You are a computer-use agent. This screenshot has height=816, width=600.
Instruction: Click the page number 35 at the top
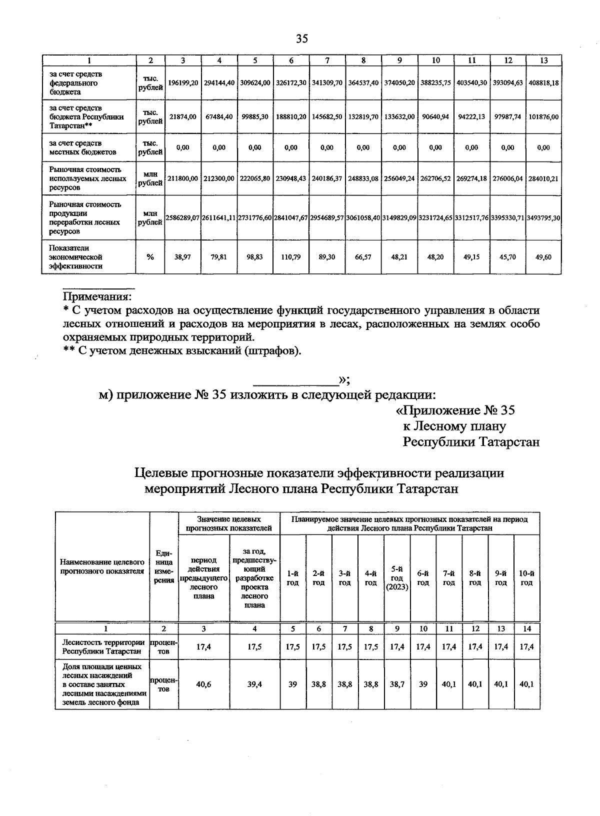point(302,39)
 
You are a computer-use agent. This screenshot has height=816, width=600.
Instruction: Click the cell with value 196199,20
point(183,83)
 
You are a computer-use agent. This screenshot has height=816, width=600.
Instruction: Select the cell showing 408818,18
point(544,83)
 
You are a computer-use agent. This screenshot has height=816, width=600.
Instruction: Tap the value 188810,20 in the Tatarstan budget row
point(291,116)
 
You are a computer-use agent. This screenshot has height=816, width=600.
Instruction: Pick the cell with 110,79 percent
point(291,257)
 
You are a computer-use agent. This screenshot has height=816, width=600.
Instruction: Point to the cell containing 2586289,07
point(183,218)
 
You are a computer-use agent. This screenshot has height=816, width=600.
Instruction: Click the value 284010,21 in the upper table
point(544,178)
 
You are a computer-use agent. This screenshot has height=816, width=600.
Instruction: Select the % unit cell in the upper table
point(150,257)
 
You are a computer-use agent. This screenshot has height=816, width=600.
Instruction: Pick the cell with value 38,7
point(397,684)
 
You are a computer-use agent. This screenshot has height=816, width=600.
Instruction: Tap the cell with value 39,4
point(254,684)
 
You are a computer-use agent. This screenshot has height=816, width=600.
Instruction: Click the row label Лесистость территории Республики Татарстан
point(102,647)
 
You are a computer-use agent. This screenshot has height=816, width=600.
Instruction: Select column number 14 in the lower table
point(526,629)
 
